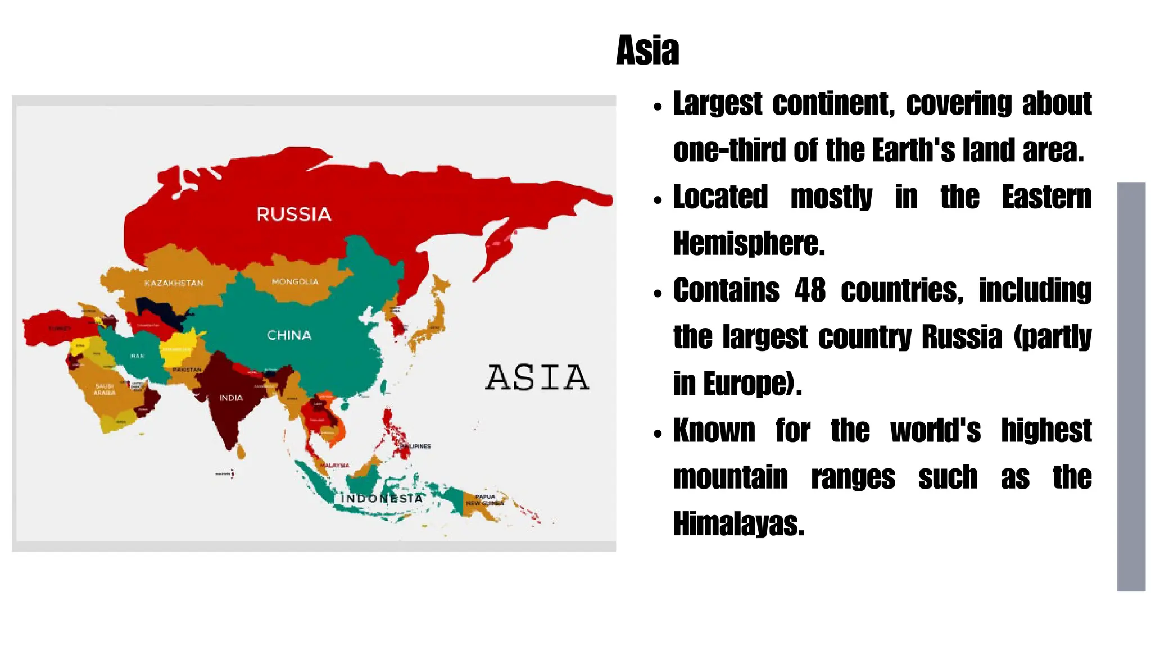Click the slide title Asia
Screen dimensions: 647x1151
647,51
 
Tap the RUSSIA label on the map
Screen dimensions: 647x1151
294,214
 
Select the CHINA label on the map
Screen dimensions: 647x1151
289,335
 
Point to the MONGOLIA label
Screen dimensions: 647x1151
295,282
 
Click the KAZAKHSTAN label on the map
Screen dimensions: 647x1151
174,283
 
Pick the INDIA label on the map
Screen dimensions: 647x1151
231,398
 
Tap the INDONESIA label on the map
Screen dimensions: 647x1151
382,498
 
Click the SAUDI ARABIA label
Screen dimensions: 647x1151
105,389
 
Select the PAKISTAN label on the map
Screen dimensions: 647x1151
187,370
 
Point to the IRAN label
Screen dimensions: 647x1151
137,356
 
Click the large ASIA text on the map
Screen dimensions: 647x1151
537,377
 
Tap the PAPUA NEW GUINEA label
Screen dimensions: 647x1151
484,500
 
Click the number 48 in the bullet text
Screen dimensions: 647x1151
810,290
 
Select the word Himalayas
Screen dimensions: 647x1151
738,524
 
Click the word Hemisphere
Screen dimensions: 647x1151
749,244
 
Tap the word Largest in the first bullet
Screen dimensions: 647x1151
718,104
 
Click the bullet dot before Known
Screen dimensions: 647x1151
658,434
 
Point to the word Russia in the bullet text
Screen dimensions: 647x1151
962,337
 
